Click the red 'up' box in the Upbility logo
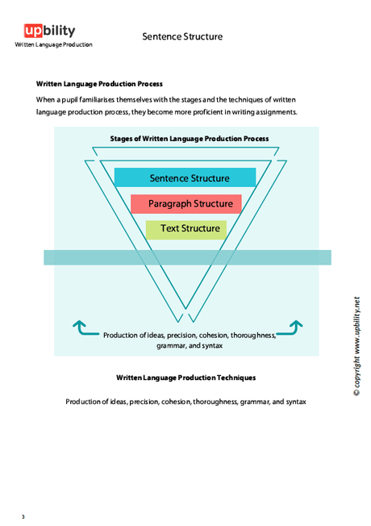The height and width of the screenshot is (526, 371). click(33, 31)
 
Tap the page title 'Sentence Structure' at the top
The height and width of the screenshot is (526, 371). click(182, 36)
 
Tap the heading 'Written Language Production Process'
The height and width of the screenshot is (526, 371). click(99, 84)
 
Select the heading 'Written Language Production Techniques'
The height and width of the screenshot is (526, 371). click(185, 378)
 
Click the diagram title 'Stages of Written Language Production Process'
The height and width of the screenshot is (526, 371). click(190, 139)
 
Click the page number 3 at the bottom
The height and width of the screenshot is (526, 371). click(23, 516)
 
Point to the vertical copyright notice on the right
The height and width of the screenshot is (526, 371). click(356, 347)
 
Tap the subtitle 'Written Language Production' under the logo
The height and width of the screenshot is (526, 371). click(53, 44)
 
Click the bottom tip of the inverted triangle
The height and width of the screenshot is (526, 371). click(190, 323)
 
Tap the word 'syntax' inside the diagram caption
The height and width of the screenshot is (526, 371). click(211, 345)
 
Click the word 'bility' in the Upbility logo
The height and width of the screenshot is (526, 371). click(60, 31)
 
